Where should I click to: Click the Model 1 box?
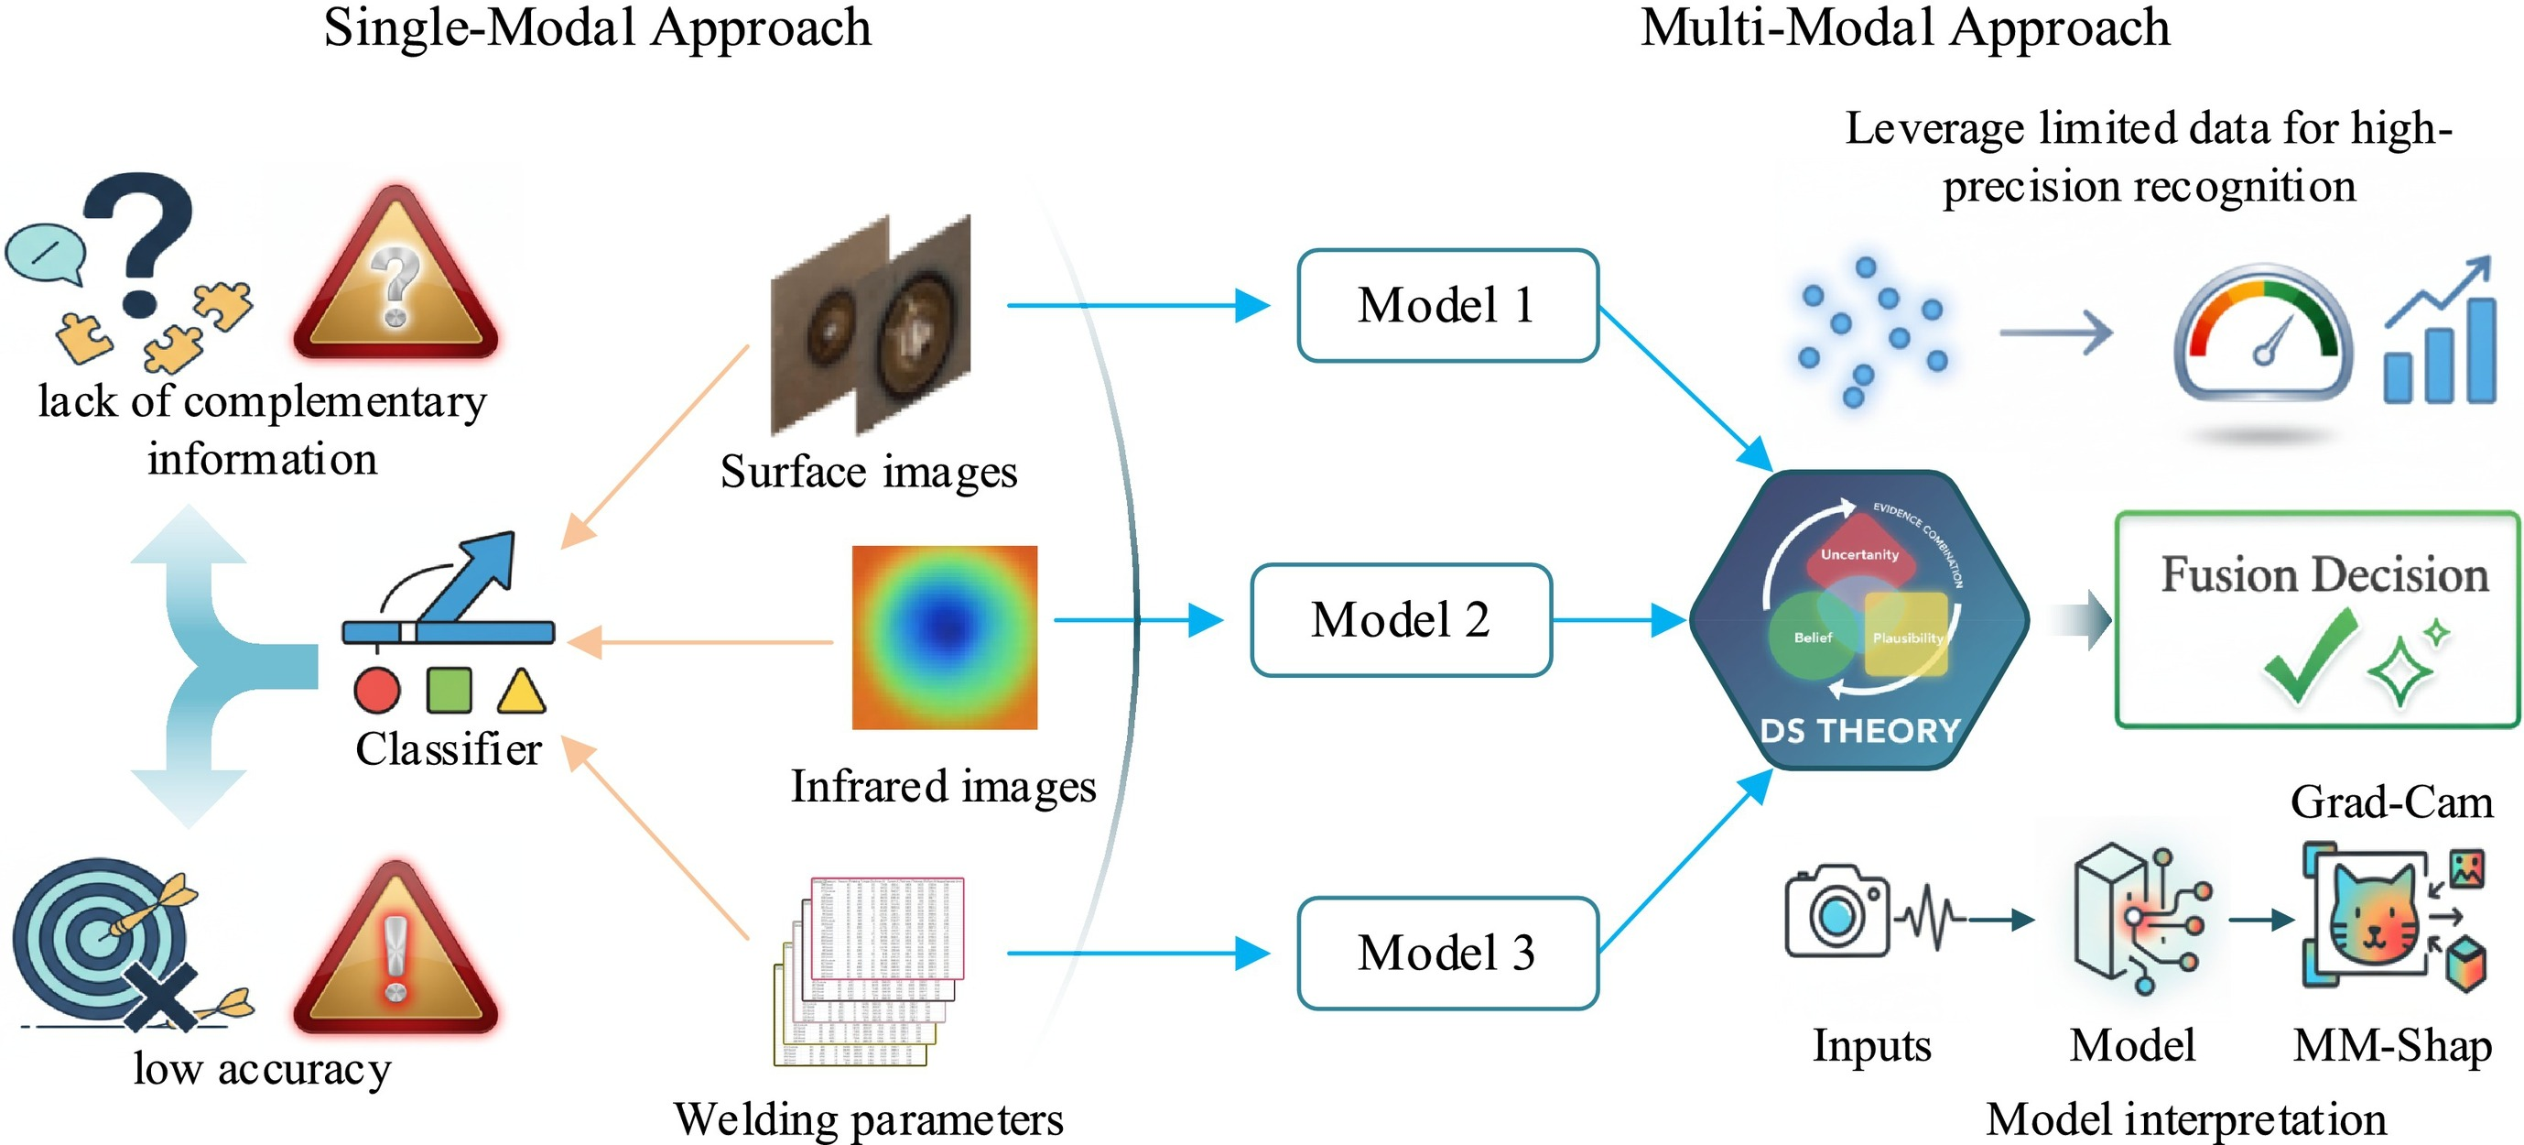point(1447,306)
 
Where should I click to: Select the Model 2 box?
point(1401,619)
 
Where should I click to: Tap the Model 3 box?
point(1447,953)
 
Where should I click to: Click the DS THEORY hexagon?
point(1858,620)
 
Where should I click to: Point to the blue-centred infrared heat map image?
point(945,638)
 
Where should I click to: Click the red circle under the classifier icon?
point(377,690)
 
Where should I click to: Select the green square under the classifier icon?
point(450,689)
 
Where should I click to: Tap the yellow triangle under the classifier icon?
point(521,691)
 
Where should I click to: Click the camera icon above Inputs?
point(1836,911)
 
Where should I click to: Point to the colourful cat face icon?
point(2372,917)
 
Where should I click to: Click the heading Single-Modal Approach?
point(598,27)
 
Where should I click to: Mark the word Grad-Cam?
point(2390,802)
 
